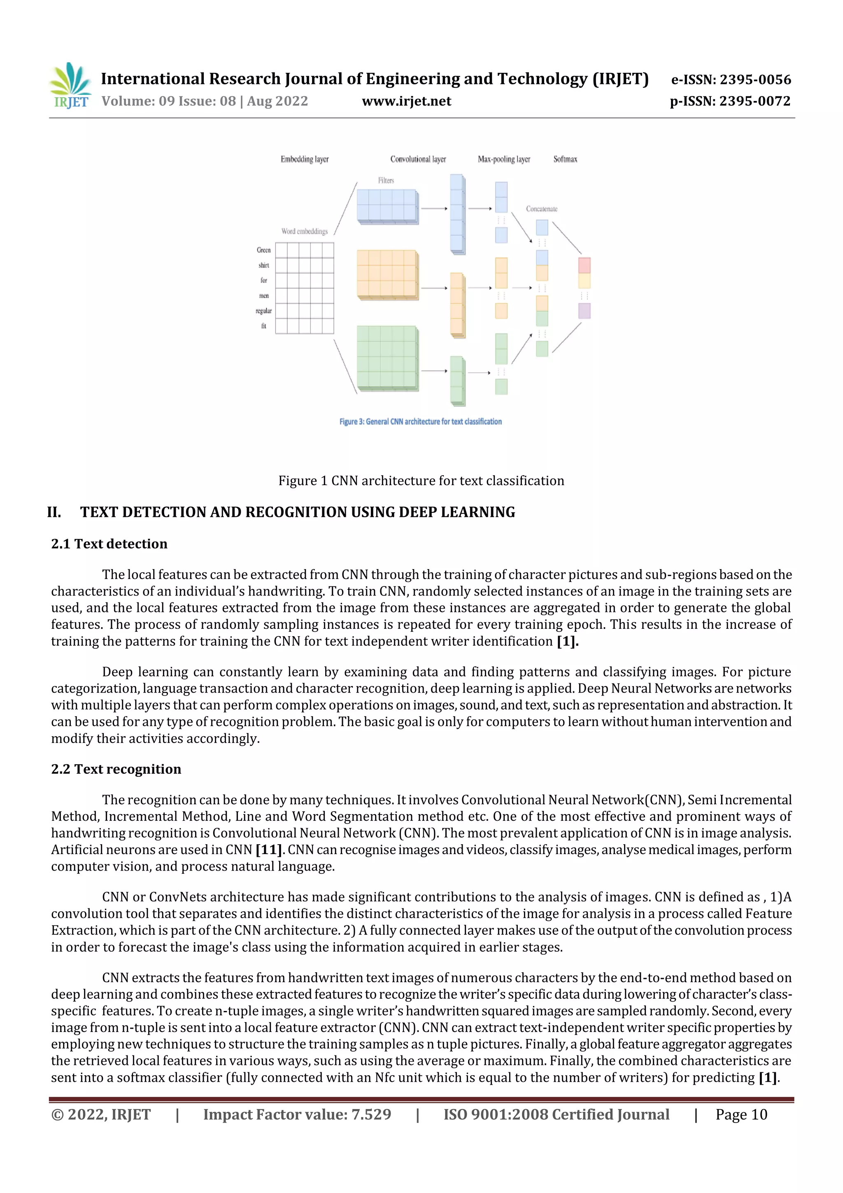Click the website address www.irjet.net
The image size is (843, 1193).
click(406, 101)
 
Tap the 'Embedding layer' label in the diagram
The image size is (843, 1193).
click(304, 159)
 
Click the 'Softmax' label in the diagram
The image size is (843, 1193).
click(565, 159)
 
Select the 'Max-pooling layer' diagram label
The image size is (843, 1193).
click(504, 159)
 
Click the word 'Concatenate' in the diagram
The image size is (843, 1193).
click(541, 209)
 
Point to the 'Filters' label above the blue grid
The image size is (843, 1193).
click(386, 180)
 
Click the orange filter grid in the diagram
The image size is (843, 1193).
click(387, 274)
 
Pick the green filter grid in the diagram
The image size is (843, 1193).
click(387, 357)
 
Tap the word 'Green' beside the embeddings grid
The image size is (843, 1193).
click(263, 250)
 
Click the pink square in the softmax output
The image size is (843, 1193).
click(585, 265)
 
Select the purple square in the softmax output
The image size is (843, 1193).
click(585, 311)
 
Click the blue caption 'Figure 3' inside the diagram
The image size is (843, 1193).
click(420, 421)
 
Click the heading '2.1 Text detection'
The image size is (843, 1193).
click(109, 544)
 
